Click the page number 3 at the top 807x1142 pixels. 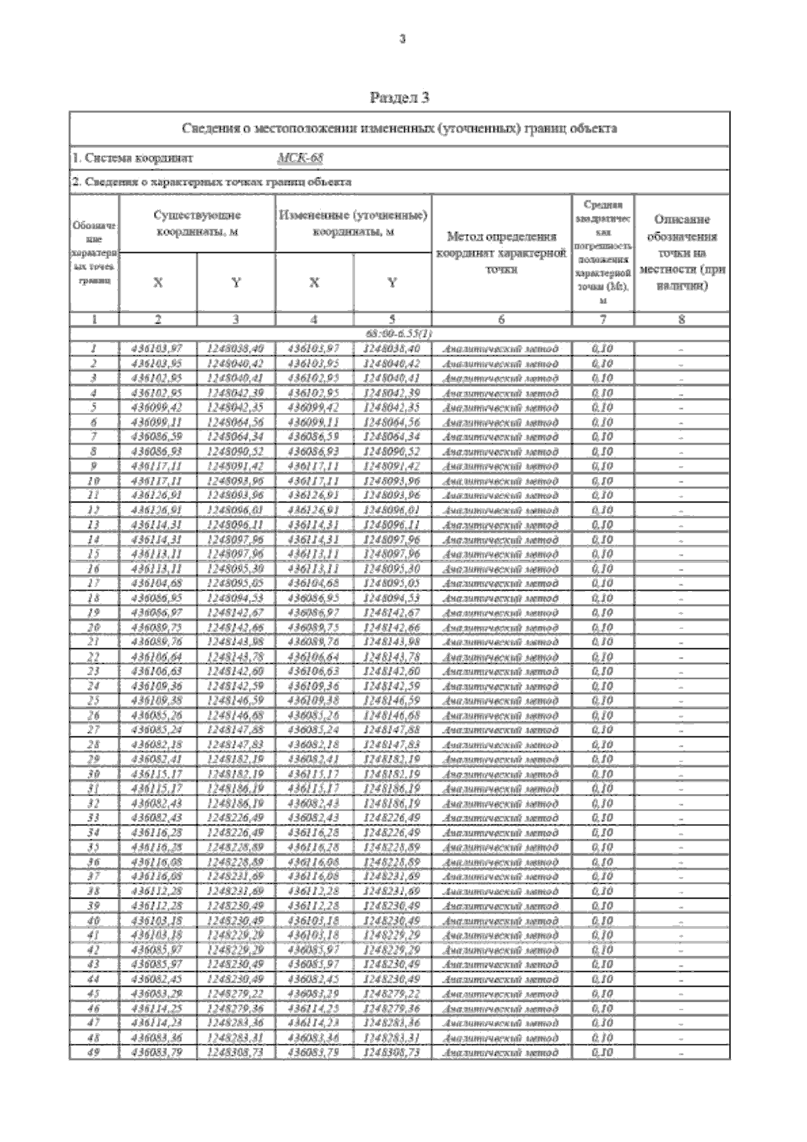[x=403, y=40]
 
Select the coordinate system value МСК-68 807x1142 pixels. [x=300, y=159]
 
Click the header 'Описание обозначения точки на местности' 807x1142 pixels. [x=681, y=252]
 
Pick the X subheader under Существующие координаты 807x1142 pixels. [x=158, y=283]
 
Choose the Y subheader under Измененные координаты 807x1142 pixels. [x=392, y=283]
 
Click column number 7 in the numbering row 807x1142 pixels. [x=603, y=320]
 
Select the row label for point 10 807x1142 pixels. [x=94, y=481]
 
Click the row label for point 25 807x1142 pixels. [x=94, y=701]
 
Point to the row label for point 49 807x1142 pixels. [x=94, y=1053]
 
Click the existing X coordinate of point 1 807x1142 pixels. [x=158, y=349]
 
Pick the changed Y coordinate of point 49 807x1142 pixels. [x=392, y=1053]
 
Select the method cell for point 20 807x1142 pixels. [x=501, y=627]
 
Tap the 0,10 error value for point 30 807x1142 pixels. [x=603, y=774]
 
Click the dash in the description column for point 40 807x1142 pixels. [x=681, y=921]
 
